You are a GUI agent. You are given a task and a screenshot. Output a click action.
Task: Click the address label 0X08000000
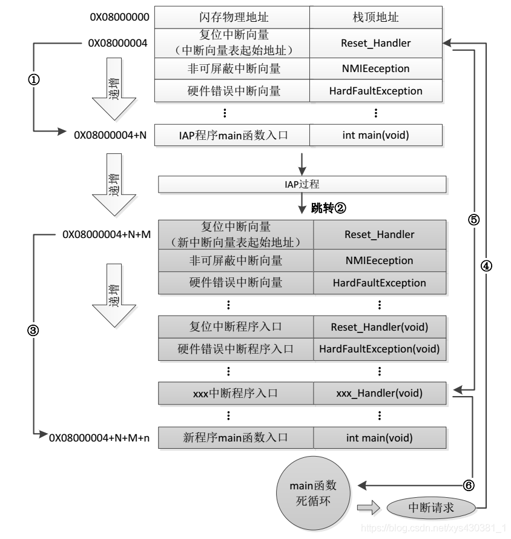(119, 17)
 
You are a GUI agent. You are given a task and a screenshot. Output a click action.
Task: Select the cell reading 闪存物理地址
(232, 17)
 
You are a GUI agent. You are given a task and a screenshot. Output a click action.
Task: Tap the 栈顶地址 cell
(375, 17)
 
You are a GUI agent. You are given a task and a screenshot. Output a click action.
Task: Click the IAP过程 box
(302, 183)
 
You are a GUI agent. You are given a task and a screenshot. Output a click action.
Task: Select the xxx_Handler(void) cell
(379, 393)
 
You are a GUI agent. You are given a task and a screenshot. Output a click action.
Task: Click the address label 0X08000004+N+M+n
(100, 437)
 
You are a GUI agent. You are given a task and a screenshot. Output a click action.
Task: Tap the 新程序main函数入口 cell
(235, 437)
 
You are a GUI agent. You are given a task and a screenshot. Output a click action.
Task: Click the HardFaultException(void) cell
(379, 349)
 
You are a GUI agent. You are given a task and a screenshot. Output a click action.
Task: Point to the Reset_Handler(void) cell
(379, 327)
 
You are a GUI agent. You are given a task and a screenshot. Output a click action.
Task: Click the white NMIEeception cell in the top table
(375, 68)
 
